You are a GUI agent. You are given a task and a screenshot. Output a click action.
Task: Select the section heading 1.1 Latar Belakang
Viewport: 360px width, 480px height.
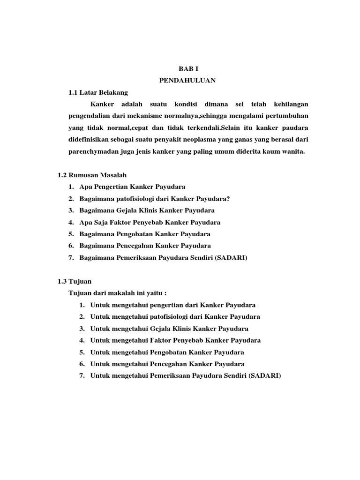pyautogui.click(x=98, y=92)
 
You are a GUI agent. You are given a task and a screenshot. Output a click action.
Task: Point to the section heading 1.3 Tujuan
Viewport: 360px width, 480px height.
pyautogui.click(x=75, y=281)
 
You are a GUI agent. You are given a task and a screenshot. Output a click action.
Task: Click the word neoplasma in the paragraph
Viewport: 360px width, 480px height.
pyautogui.click(x=196, y=140)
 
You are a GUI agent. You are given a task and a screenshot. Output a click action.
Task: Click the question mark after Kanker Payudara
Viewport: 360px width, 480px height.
pyautogui.click(x=228, y=199)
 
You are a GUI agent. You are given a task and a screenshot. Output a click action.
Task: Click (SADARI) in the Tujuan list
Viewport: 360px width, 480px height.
pyautogui.click(x=265, y=376)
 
